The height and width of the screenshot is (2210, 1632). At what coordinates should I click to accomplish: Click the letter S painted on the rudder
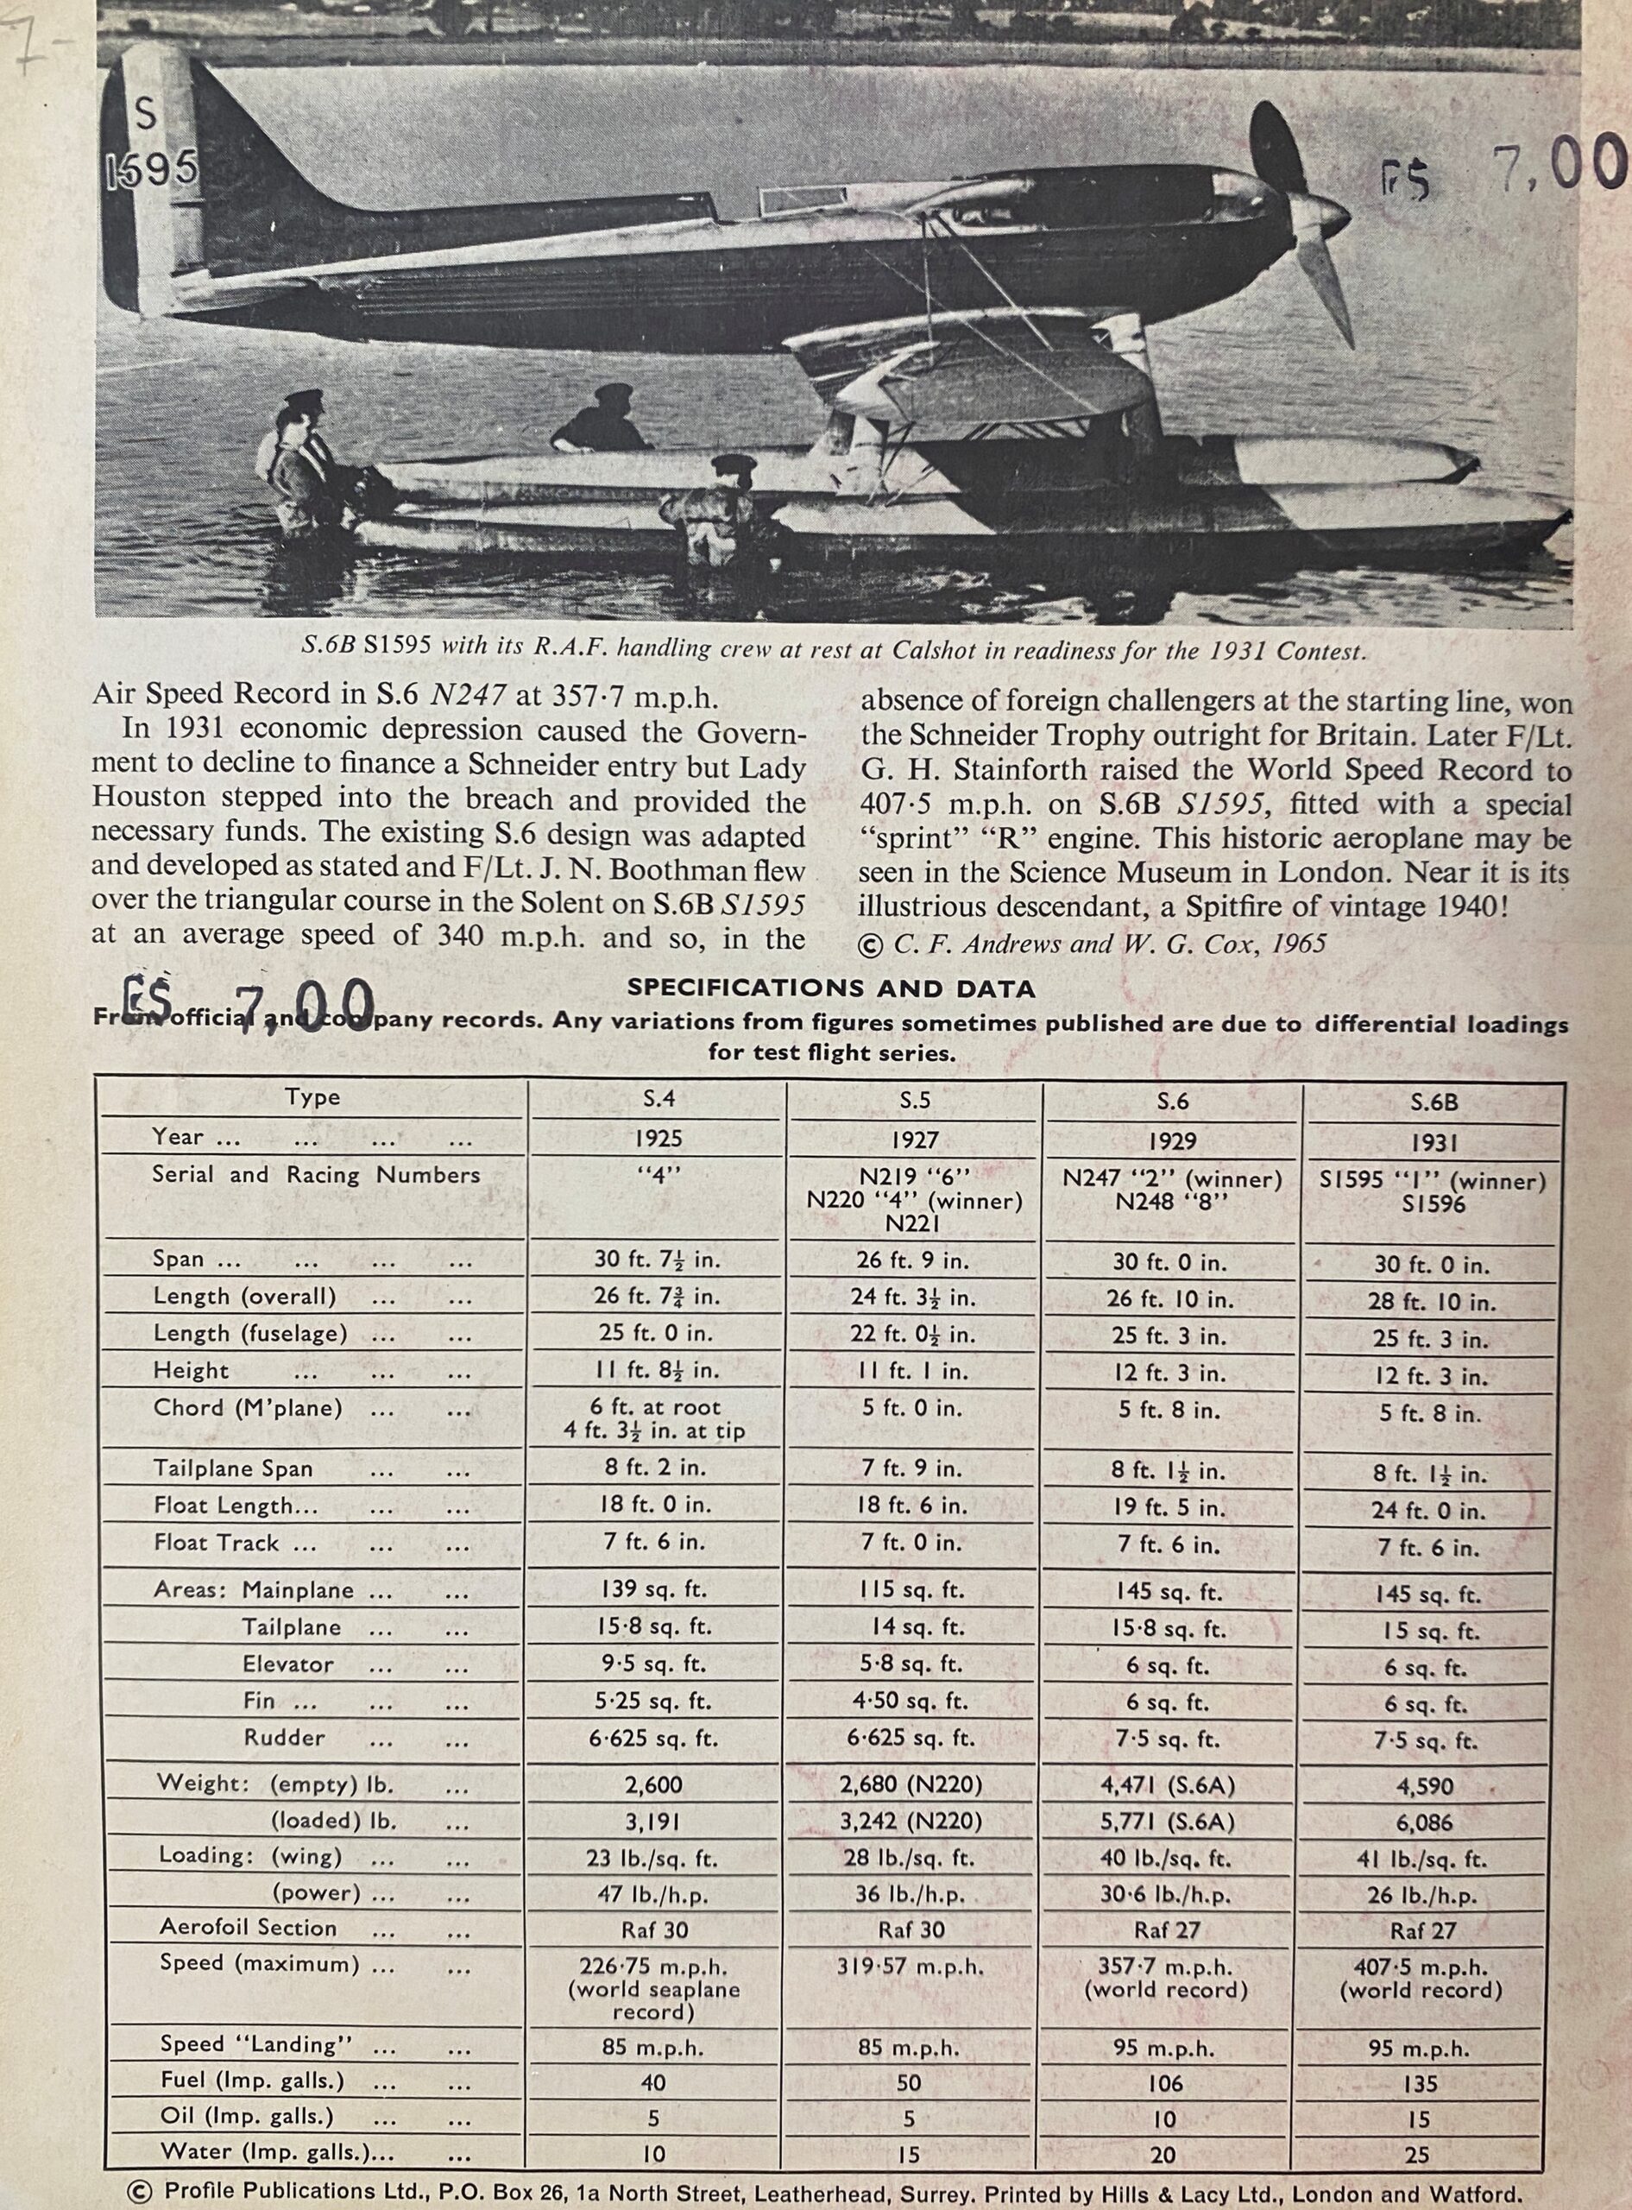click(145, 115)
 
